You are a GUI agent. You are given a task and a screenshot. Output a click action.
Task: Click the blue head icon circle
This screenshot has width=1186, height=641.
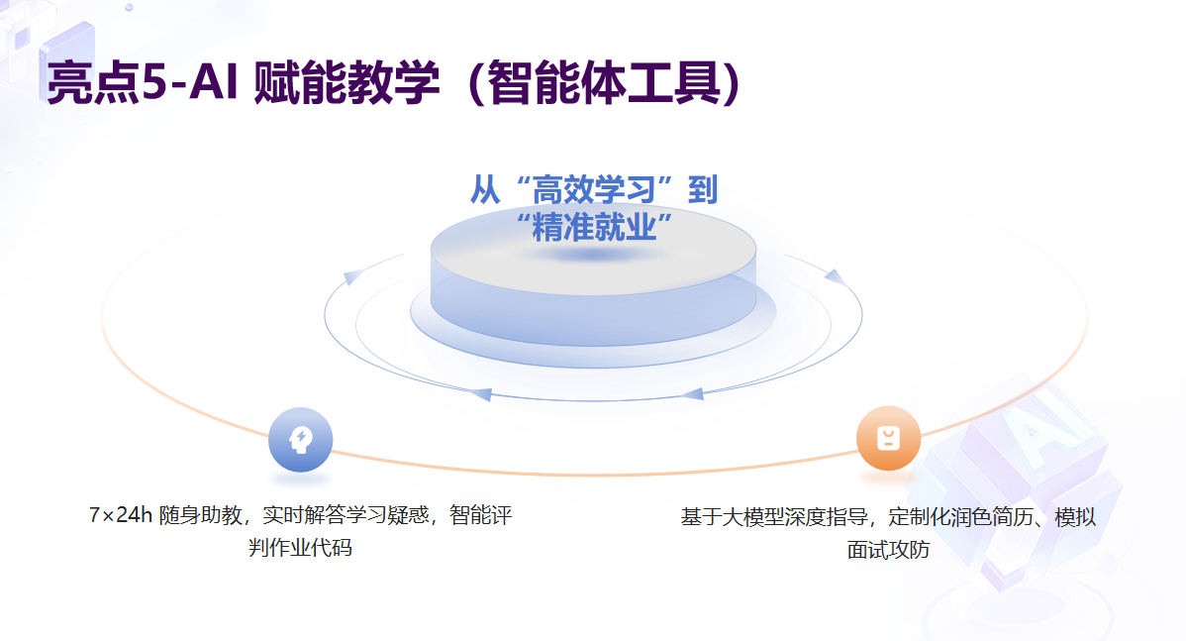tap(300, 439)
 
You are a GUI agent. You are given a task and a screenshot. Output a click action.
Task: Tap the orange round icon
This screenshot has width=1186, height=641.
tap(888, 438)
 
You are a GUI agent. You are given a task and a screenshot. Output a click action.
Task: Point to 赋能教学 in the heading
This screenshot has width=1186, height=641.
tap(347, 81)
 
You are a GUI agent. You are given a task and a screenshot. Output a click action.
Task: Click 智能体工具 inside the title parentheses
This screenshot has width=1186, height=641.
tap(604, 81)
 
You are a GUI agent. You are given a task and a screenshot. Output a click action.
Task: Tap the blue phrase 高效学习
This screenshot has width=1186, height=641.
tap(594, 190)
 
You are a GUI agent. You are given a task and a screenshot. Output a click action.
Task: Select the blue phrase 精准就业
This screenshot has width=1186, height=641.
tap(594, 227)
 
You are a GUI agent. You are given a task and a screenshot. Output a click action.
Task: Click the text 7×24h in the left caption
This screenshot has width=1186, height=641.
tap(120, 515)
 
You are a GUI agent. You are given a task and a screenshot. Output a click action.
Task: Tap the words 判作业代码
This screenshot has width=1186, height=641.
tap(300, 547)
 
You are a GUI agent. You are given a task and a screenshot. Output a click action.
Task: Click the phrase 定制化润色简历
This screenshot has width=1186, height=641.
tap(960, 517)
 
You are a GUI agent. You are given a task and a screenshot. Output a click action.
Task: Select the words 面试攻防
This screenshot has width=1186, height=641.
tap(888, 550)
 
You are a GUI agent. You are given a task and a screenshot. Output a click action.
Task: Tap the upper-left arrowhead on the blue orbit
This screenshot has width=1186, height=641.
tap(351, 277)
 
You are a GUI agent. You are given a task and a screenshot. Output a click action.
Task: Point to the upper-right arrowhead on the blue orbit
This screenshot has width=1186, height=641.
tap(835, 277)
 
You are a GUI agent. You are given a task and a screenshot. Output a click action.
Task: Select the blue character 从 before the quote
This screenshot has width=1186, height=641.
tap(485, 190)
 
